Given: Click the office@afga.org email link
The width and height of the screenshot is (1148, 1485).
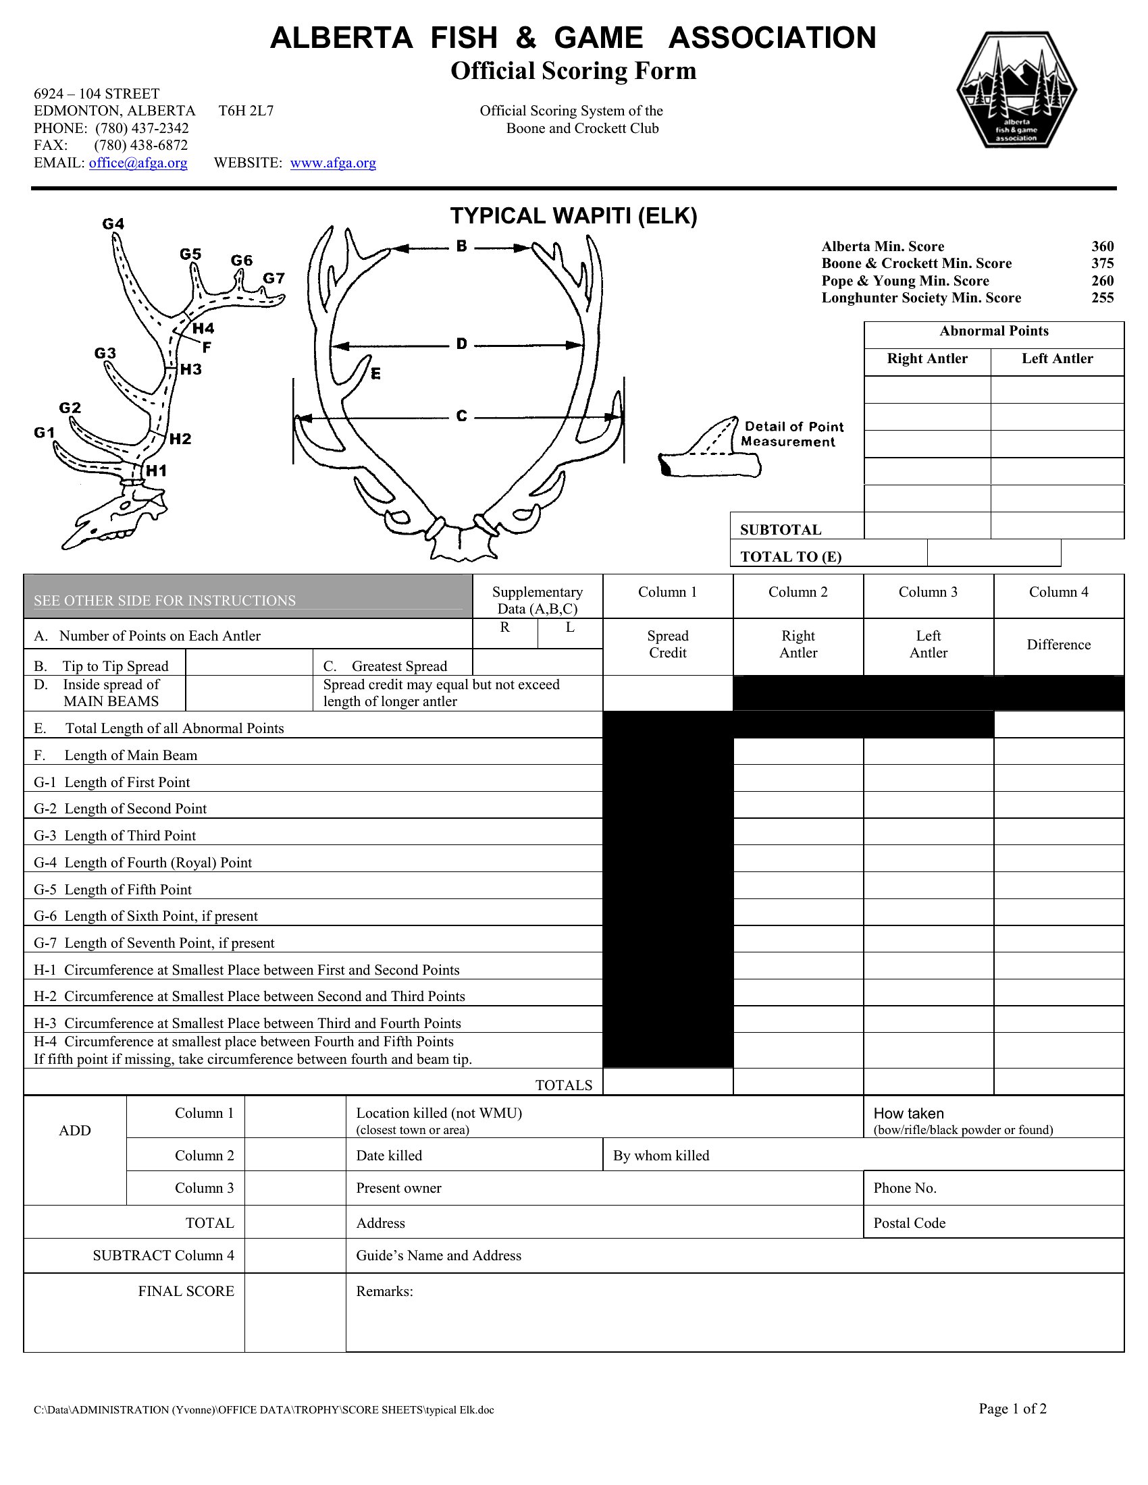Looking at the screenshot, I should pyautogui.click(x=138, y=163).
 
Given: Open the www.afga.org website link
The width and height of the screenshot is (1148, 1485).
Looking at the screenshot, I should pyautogui.click(x=332, y=163).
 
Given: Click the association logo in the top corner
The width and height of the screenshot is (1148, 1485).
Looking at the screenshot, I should pyautogui.click(x=1017, y=90).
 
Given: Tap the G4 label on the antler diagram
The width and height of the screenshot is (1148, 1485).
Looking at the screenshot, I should pyautogui.click(x=113, y=223).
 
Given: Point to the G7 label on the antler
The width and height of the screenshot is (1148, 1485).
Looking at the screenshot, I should pyautogui.click(x=273, y=278).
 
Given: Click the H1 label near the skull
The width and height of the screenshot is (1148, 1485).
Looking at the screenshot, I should pyautogui.click(x=157, y=470).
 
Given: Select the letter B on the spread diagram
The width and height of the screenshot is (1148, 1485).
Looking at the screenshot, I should pyautogui.click(x=462, y=246).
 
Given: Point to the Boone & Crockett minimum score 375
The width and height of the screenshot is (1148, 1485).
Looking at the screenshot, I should pyautogui.click(x=1103, y=263).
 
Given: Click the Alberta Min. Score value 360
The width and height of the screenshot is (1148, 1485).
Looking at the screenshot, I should pyautogui.click(x=1103, y=246).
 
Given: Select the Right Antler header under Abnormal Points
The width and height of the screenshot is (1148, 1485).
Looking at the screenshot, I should pyautogui.click(x=927, y=359).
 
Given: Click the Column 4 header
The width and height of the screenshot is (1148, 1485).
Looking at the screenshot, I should pyautogui.click(x=1058, y=592).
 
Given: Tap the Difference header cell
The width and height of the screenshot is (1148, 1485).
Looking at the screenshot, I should pyautogui.click(x=1058, y=645).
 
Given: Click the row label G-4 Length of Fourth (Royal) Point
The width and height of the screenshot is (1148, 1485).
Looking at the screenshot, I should pyautogui.click(x=142, y=863).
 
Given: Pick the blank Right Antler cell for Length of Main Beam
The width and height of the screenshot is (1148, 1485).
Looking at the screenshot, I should pyautogui.click(x=798, y=751).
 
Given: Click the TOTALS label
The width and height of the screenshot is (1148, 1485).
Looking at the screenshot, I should pyautogui.click(x=564, y=1085).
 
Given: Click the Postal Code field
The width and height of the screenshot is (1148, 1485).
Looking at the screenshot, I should pyautogui.click(x=993, y=1223).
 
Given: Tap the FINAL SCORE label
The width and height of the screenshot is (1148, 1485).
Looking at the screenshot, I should pyautogui.click(x=186, y=1291).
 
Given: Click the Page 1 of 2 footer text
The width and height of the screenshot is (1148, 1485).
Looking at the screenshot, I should pyautogui.click(x=1012, y=1409).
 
